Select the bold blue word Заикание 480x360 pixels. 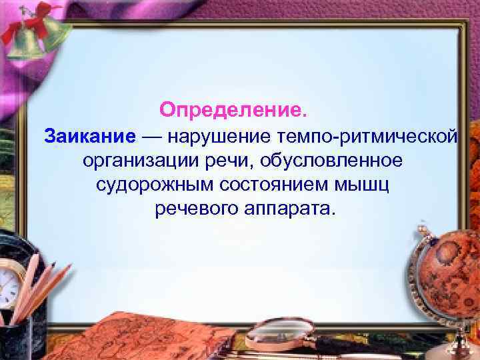pyautogui.click(x=90, y=136)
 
